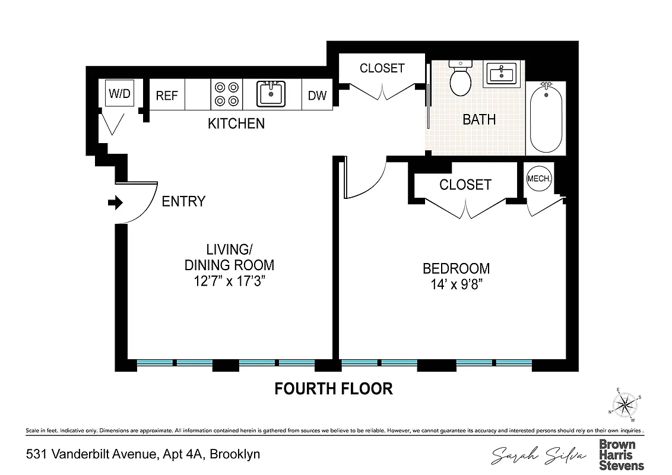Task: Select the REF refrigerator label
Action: click(167, 96)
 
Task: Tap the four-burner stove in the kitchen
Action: click(227, 94)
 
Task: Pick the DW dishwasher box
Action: click(318, 96)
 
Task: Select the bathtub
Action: click(546, 118)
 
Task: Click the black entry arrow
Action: click(115, 203)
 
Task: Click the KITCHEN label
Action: click(236, 124)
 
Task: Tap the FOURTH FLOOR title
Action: click(333, 389)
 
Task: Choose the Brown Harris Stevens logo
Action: click(621, 454)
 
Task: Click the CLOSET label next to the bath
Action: click(382, 68)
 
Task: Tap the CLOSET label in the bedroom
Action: click(465, 185)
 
